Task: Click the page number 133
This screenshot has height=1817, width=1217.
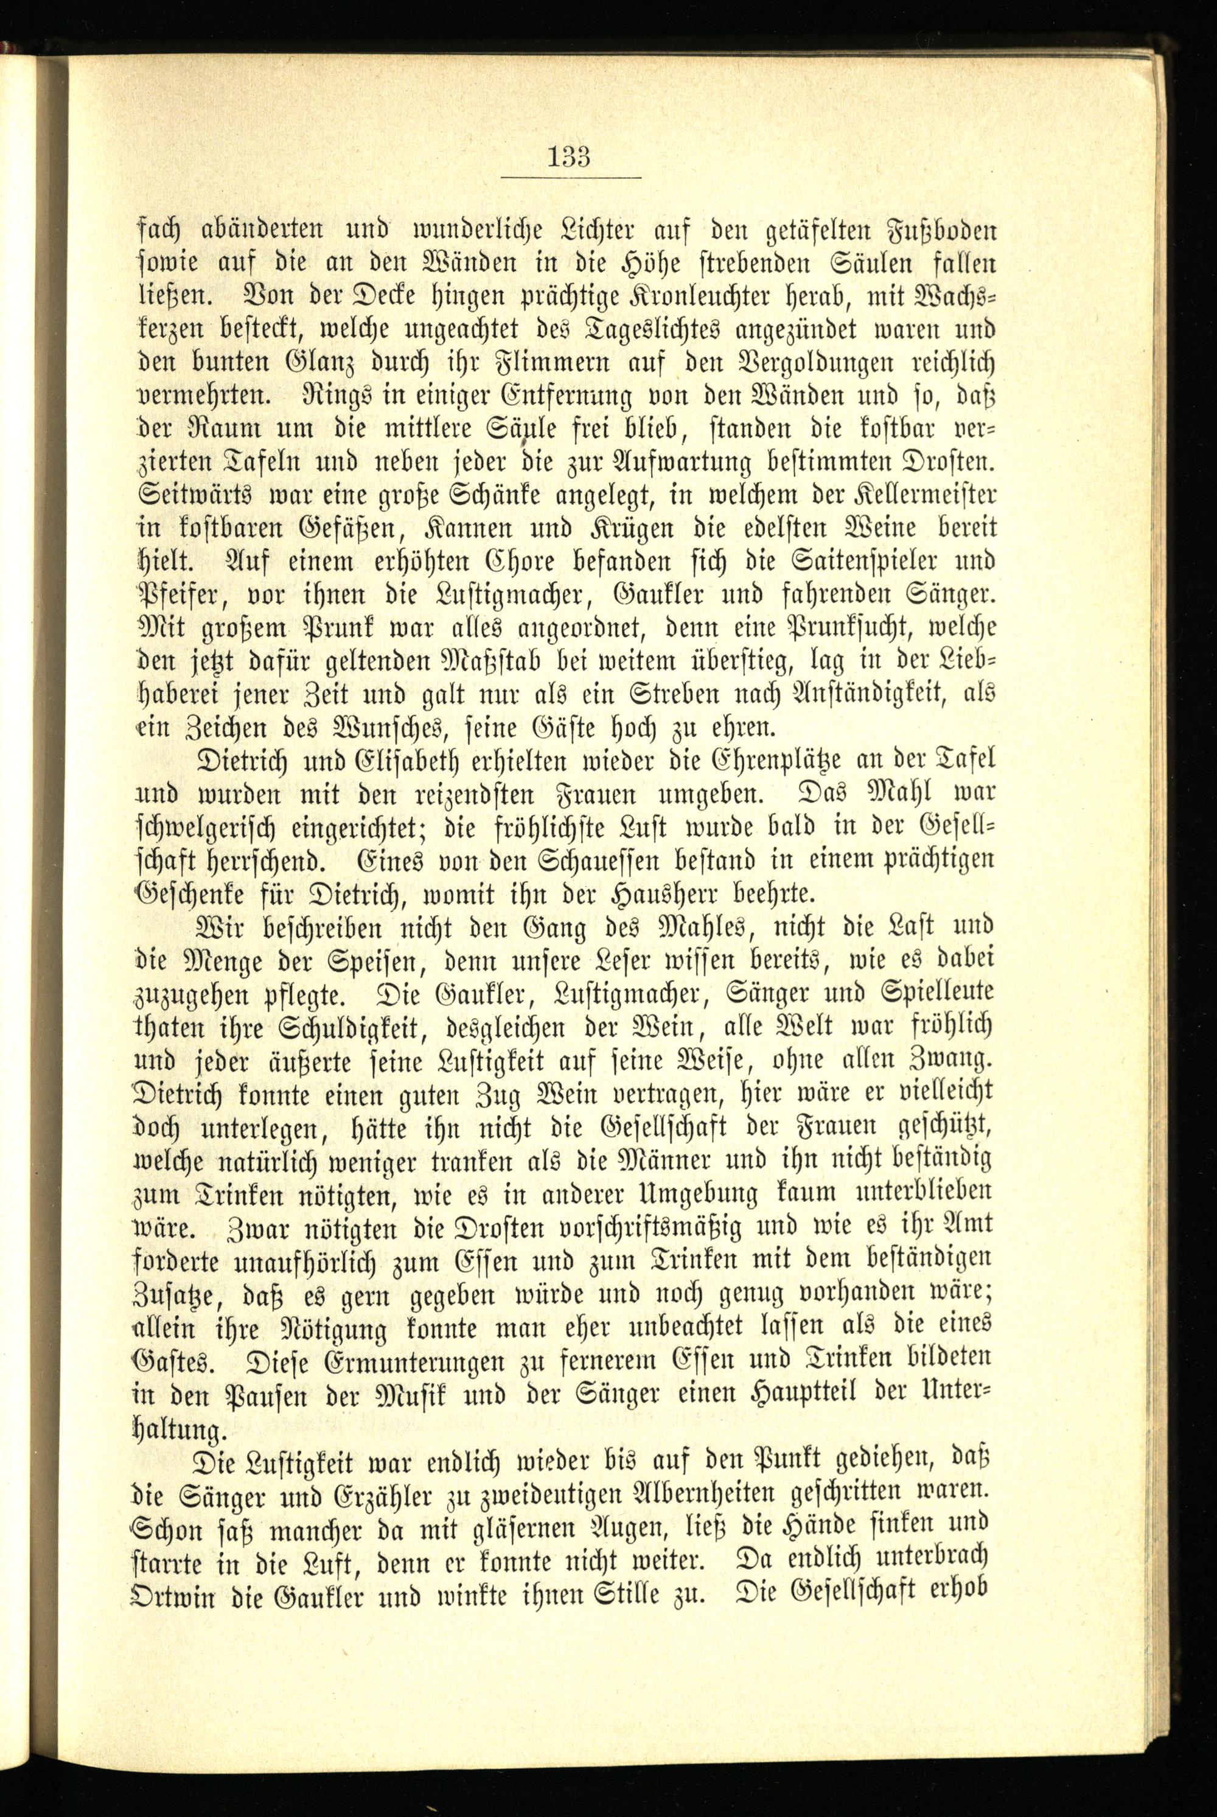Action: (x=570, y=157)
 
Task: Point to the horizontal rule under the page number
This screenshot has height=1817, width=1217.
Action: (x=571, y=178)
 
